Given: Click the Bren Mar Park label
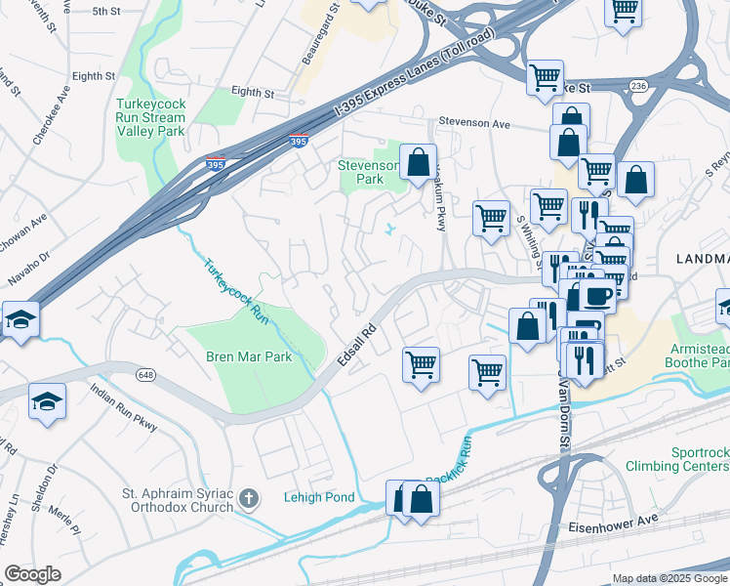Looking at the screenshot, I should coord(249,357).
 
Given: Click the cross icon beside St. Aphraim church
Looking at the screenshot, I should coord(249,500).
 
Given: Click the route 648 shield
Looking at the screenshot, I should coord(146,374).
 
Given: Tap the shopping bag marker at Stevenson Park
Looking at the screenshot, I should coord(418,162).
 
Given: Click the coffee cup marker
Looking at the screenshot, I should coord(597,296).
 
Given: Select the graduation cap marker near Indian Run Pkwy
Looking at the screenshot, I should coord(47,403).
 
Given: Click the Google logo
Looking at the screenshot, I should coord(32,574).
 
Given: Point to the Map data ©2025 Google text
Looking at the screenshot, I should coord(669,578).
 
